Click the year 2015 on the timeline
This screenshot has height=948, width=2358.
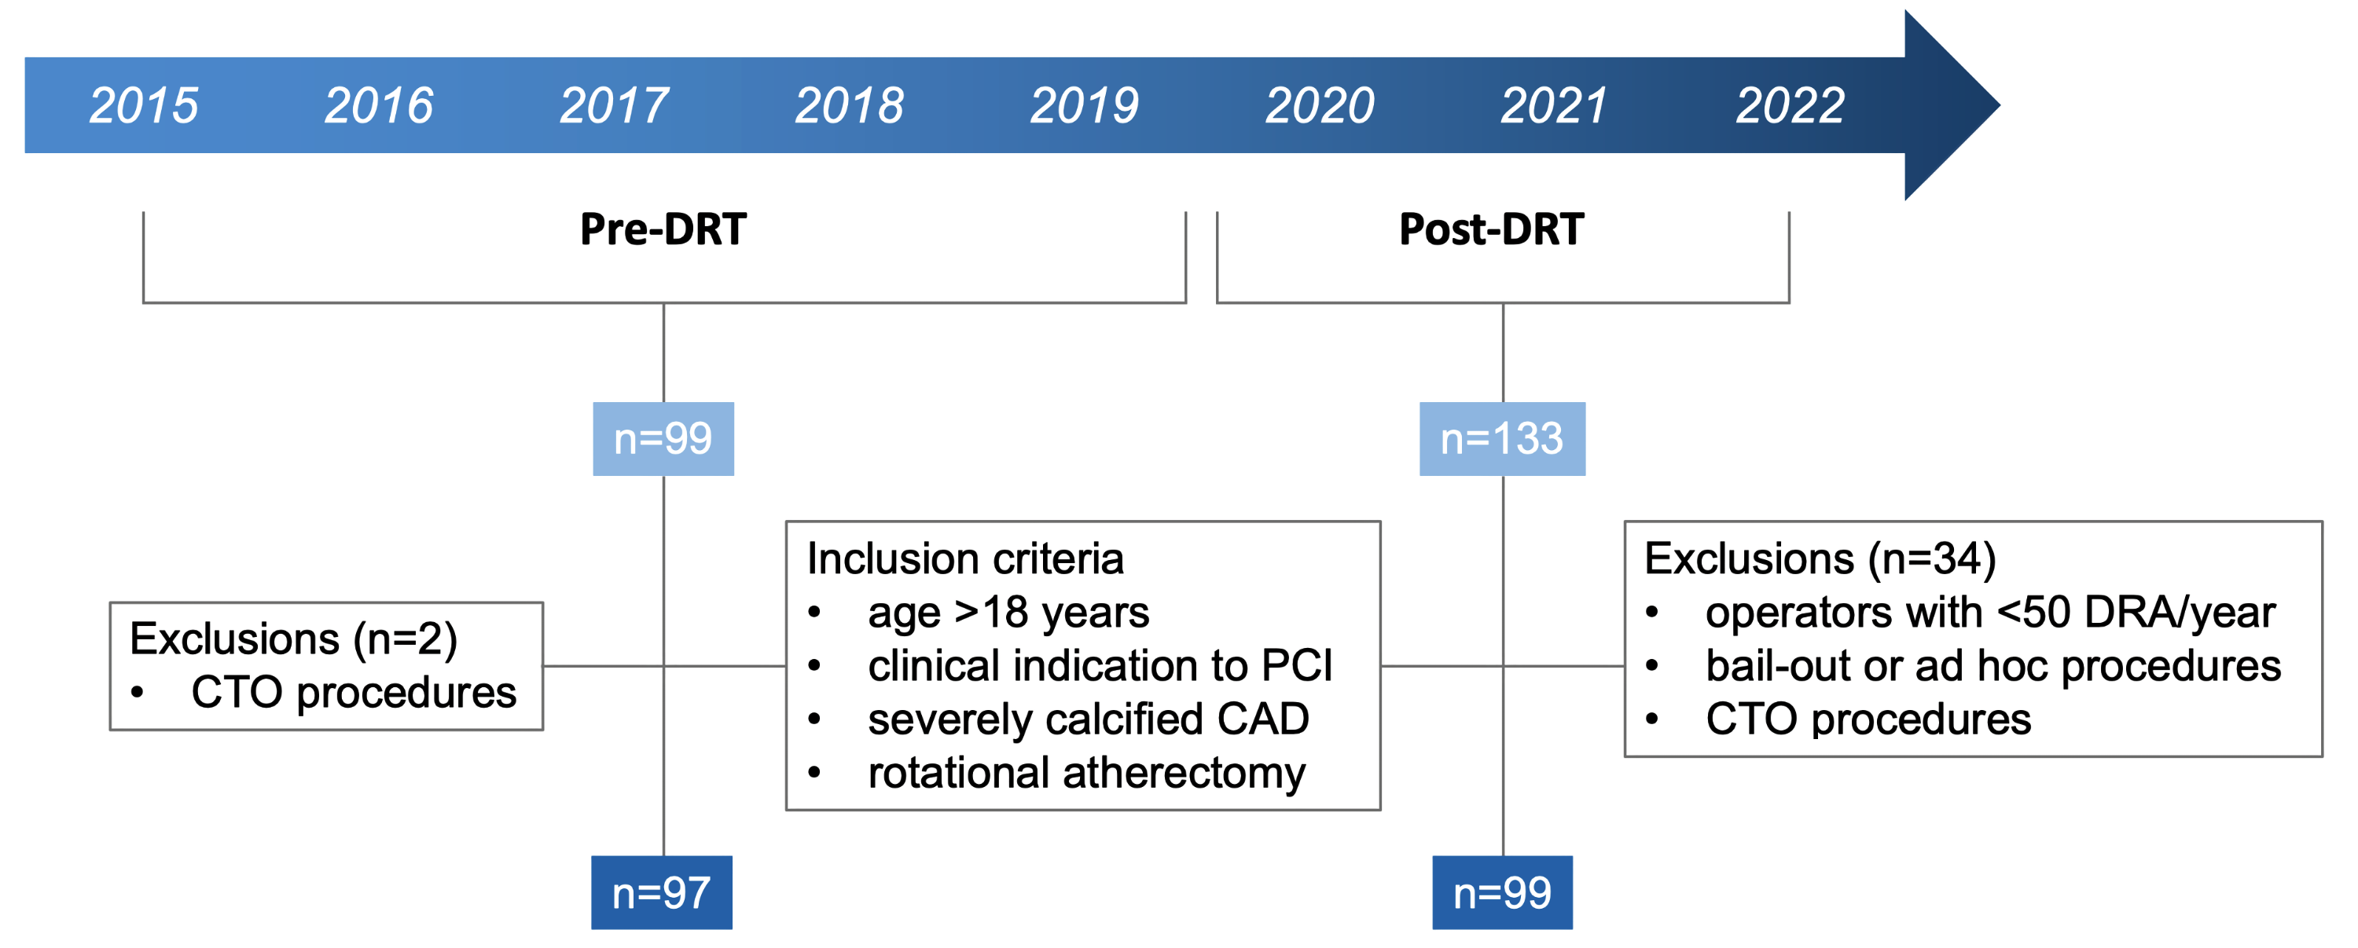pyautogui.click(x=144, y=105)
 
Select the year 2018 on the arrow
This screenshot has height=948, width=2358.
pyautogui.click(x=849, y=105)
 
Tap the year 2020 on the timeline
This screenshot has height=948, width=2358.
pyautogui.click(x=1319, y=105)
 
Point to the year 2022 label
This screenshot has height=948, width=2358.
pyautogui.click(x=1790, y=105)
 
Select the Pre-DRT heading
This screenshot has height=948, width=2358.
pyautogui.click(x=663, y=229)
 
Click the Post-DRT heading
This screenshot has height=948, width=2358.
pyautogui.click(x=1491, y=229)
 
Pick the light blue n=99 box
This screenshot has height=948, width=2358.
pyautogui.click(x=663, y=438)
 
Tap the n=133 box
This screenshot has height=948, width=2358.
pyautogui.click(x=1501, y=438)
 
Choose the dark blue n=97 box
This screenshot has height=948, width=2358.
pyautogui.click(x=661, y=892)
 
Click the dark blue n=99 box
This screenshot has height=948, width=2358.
pyautogui.click(x=1502, y=892)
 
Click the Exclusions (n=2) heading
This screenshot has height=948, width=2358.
pyautogui.click(x=293, y=638)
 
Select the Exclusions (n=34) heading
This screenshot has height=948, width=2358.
pyautogui.click(x=1820, y=558)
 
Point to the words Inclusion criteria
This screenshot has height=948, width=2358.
pyautogui.click(x=964, y=558)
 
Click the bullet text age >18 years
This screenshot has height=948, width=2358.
pyautogui.click(x=1008, y=612)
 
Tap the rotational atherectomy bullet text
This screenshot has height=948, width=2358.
pyautogui.click(x=1085, y=773)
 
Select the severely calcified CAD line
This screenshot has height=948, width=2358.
pyautogui.click(x=1088, y=719)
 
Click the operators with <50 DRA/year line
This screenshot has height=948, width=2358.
pyautogui.click(x=1990, y=612)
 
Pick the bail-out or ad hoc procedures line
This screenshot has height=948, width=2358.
pyautogui.click(x=1993, y=666)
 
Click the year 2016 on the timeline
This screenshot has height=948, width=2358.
pyautogui.click(x=378, y=105)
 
